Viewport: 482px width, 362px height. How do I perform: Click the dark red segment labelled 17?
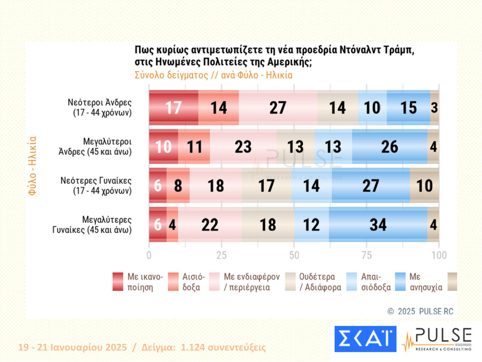coord(173,108)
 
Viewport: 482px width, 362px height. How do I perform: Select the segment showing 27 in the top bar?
coord(278,108)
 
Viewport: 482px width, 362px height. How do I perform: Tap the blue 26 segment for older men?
coord(389,147)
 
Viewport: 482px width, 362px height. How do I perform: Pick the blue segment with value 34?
coord(378,225)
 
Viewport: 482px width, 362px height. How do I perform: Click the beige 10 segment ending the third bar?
coord(424,186)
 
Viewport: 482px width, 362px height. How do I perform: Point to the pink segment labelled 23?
coord(243,147)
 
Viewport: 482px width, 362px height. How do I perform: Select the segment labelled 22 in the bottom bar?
coord(210,225)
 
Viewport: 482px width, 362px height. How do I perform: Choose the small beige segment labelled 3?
coord(435,108)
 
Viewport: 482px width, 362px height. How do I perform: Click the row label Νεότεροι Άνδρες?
coord(100,108)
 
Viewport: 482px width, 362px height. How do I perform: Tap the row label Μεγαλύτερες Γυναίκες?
coord(92,225)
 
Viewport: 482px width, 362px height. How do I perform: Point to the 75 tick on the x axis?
coord(366,255)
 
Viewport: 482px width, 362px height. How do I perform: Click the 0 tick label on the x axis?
coord(149,255)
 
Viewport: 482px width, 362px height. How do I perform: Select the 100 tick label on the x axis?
coord(439,255)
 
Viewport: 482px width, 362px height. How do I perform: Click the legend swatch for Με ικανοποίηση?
coord(118,282)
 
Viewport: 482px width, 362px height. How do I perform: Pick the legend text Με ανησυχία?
coord(426,282)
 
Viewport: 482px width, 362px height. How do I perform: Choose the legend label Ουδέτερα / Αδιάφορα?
coord(320,282)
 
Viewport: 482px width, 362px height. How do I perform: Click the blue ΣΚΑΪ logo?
coord(365,339)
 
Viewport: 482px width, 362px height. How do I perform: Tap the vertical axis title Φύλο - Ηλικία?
coord(32,166)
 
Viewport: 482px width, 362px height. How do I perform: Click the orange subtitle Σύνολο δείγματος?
coord(171,75)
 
